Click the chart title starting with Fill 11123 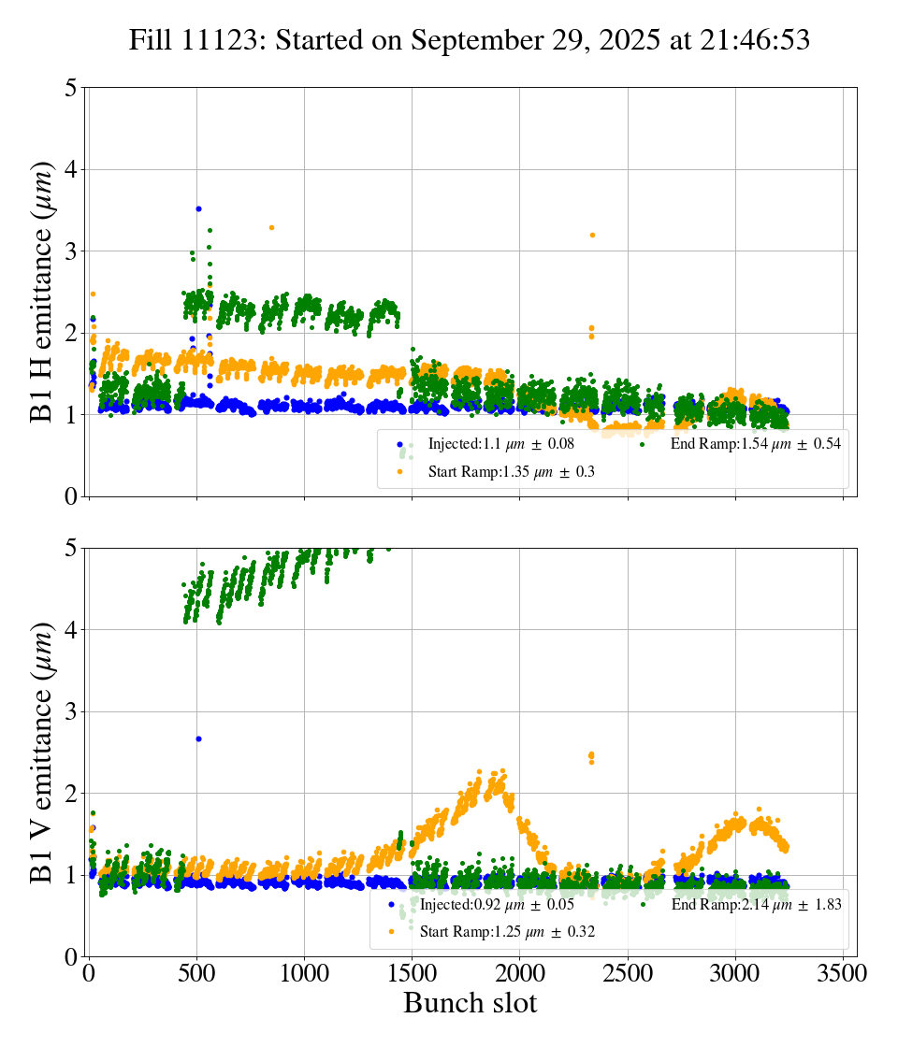pyautogui.click(x=470, y=40)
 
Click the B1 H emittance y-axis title pyautogui.click(x=42, y=292)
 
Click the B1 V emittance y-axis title pyautogui.click(x=42, y=753)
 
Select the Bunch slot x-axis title pyautogui.click(x=471, y=1004)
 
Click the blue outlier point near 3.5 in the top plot pyautogui.click(x=198, y=208)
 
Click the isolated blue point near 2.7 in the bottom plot pyautogui.click(x=198, y=739)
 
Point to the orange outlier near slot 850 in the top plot pyautogui.click(x=271, y=227)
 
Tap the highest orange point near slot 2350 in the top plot pyautogui.click(x=592, y=235)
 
